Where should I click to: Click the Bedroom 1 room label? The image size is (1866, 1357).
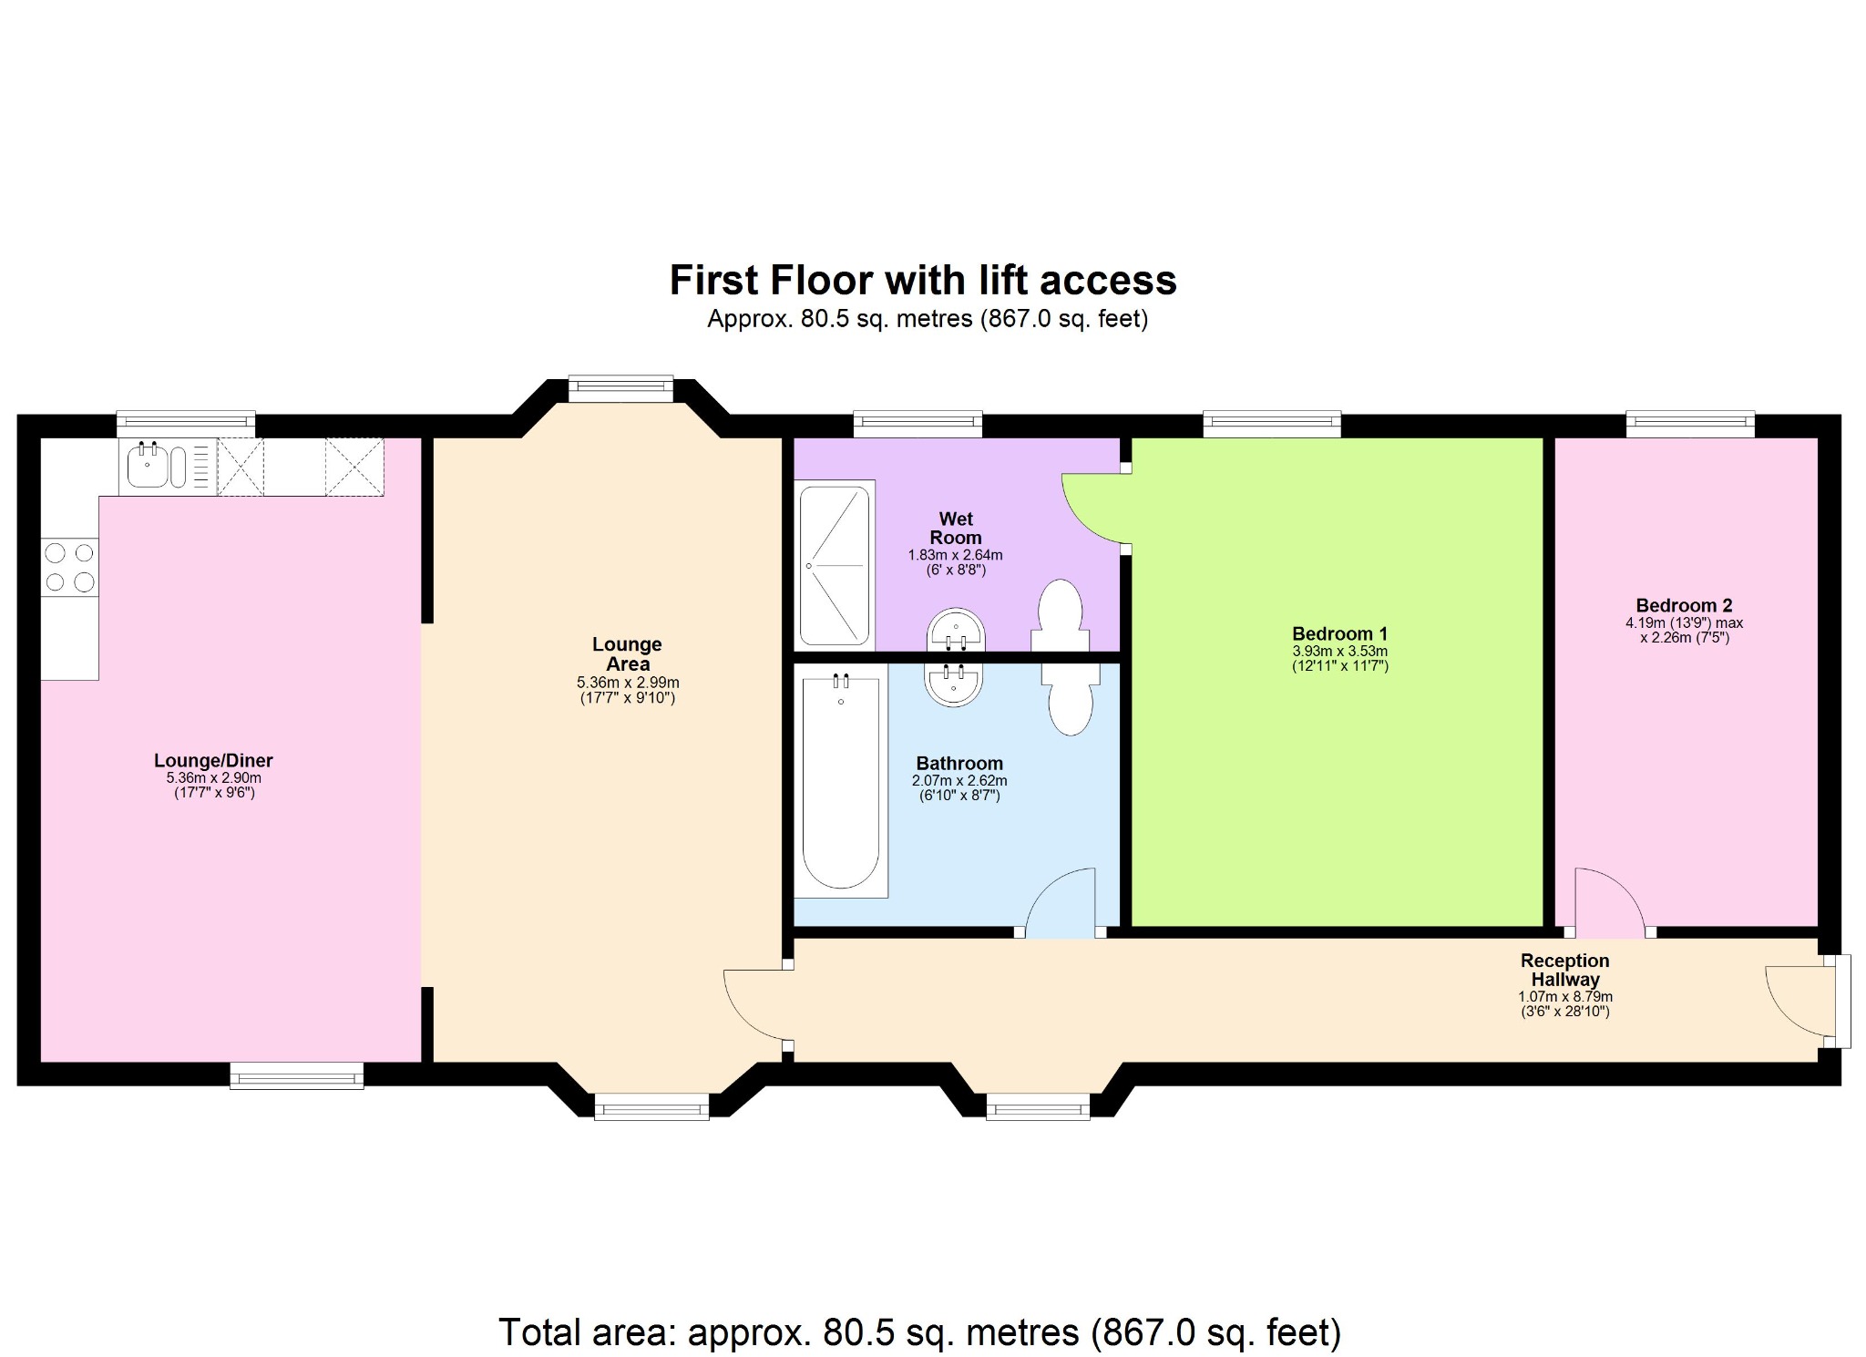click(1338, 633)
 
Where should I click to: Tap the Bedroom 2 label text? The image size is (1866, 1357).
click(1683, 605)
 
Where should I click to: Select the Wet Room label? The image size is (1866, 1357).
click(955, 528)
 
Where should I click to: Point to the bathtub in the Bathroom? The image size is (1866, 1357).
click(840, 780)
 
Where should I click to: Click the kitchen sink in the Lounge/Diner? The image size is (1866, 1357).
click(148, 466)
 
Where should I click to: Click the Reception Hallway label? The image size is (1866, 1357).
click(1564, 970)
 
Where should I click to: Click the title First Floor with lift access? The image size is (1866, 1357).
click(922, 281)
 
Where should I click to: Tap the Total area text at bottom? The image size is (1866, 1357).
click(919, 1331)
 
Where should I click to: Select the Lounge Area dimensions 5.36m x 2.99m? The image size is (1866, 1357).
click(627, 683)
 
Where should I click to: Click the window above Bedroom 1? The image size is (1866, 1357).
click(1271, 424)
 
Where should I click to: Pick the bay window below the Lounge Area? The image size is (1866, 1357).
click(651, 1107)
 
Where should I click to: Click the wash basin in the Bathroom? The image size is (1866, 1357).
click(953, 684)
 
